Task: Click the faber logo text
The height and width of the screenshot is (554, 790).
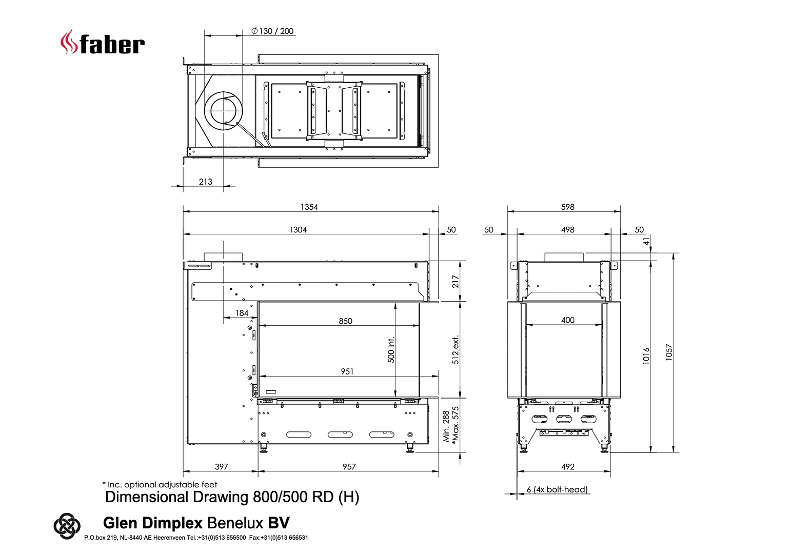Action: pyautogui.click(x=112, y=45)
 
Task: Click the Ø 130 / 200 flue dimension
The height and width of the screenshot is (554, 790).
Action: pyautogui.click(x=273, y=31)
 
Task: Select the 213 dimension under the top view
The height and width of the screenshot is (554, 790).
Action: pyautogui.click(x=206, y=182)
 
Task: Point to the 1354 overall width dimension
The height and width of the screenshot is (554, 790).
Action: pyautogui.click(x=309, y=207)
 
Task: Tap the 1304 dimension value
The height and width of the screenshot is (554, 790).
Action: pyautogui.click(x=298, y=230)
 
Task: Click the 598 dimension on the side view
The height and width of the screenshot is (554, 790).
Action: pyautogui.click(x=568, y=207)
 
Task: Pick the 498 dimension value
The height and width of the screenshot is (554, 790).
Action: pyautogui.click(x=568, y=230)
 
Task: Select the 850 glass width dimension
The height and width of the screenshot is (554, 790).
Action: pyautogui.click(x=346, y=321)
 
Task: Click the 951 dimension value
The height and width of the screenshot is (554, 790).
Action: pyautogui.click(x=347, y=371)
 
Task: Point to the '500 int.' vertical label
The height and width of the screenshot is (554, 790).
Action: pyautogui.click(x=391, y=350)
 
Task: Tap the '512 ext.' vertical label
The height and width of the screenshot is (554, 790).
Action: pyautogui.click(x=456, y=350)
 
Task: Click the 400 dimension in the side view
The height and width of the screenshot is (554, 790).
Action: pyautogui.click(x=568, y=320)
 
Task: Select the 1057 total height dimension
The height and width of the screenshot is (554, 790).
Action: pyautogui.click(x=669, y=352)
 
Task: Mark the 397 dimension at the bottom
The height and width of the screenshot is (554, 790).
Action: pyautogui.click(x=222, y=467)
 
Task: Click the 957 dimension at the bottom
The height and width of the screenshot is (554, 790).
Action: pyautogui.click(x=349, y=467)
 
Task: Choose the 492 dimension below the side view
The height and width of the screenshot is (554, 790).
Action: pyautogui.click(x=568, y=467)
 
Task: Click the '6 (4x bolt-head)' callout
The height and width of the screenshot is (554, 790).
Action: pyautogui.click(x=557, y=489)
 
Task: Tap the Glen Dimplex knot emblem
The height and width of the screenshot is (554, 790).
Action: pyautogui.click(x=67, y=526)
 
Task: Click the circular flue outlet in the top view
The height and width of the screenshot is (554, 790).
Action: pyautogui.click(x=224, y=111)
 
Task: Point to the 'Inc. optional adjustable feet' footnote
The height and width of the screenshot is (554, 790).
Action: pyautogui.click(x=160, y=485)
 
